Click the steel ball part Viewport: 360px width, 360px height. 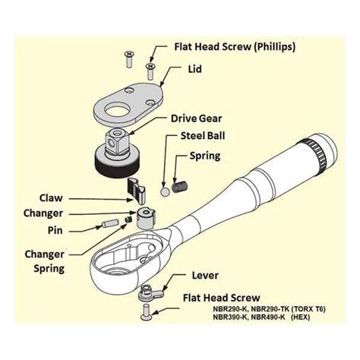pyautogui.click(x=165, y=192)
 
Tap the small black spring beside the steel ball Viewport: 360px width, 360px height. pyautogui.click(x=179, y=187)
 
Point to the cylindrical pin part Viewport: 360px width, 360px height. pyautogui.click(x=109, y=223)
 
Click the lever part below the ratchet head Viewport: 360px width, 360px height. pyautogui.click(x=150, y=294)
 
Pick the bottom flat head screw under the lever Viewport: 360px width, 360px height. pyautogui.click(x=147, y=312)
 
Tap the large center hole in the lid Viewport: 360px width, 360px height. pyautogui.click(x=118, y=111)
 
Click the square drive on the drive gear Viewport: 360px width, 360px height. pyautogui.click(x=117, y=144)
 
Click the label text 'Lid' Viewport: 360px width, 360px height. pyautogui.click(x=194, y=69)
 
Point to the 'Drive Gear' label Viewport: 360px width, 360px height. pyautogui.click(x=196, y=118)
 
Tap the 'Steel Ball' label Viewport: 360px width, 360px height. pyautogui.click(x=203, y=136)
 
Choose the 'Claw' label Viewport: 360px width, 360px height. pyautogui.click(x=51, y=198)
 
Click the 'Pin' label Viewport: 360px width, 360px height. pyautogui.click(x=55, y=230)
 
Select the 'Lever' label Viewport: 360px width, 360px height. pyautogui.click(x=205, y=276)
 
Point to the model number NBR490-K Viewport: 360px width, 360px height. pyautogui.click(x=268, y=317)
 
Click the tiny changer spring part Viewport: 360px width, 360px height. pyautogui.click(x=128, y=219)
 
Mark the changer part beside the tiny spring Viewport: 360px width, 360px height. pyautogui.click(x=146, y=219)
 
